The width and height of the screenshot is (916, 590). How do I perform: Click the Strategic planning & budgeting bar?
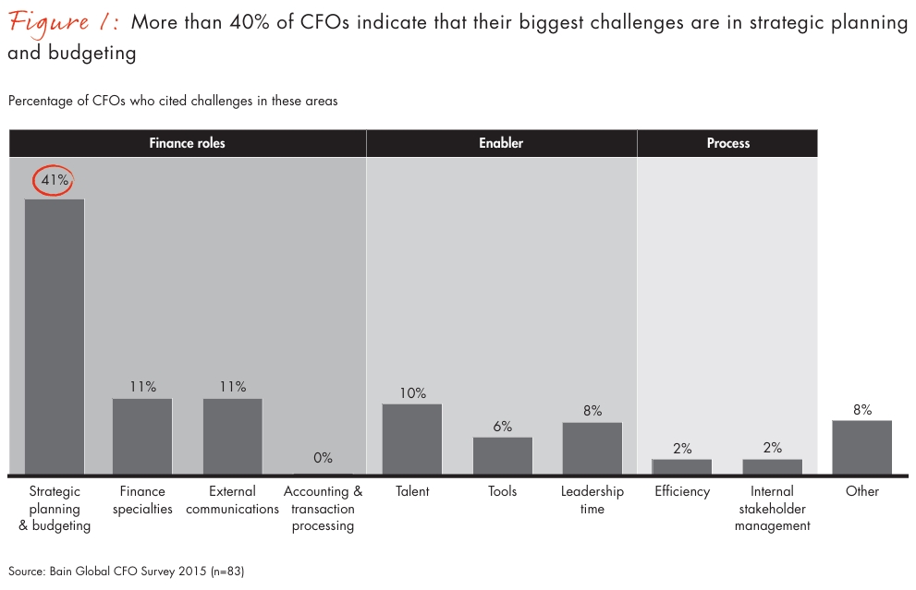pos(55,336)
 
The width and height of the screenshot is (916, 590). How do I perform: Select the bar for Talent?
pos(412,439)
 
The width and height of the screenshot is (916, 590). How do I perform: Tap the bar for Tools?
pos(502,455)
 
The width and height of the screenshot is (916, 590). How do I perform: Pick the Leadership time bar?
pos(592,448)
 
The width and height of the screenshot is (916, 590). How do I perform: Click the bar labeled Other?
pos(861,447)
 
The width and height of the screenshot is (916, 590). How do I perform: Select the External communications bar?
pos(232,436)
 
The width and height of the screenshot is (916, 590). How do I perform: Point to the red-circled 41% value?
pos(55,180)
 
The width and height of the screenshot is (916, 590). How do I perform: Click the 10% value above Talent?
pos(412,392)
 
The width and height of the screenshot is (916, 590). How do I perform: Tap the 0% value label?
pos(323,458)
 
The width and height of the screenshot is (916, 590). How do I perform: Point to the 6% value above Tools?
pos(502,426)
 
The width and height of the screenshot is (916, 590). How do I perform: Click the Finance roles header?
pos(188,143)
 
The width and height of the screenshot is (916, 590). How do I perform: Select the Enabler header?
pos(501,143)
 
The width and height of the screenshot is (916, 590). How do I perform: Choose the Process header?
pos(727,143)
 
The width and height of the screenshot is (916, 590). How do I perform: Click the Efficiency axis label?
pos(682,491)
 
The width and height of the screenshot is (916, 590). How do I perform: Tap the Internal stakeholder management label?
pos(772,509)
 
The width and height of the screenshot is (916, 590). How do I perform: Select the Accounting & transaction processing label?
pos(323,509)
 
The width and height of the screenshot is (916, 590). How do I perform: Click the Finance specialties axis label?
pos(142,500)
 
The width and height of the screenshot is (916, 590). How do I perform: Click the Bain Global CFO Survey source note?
pos(126,572)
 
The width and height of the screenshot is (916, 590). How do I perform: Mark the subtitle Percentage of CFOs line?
pos(173,101)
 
